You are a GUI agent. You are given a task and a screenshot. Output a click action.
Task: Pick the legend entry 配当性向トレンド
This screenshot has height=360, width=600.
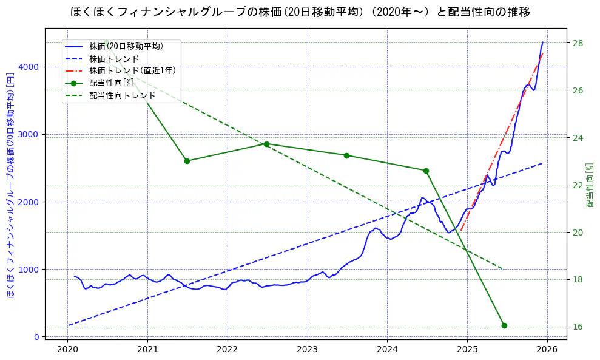(122, 95)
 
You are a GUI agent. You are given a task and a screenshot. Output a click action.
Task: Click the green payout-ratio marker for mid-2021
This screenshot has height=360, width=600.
(187, 161)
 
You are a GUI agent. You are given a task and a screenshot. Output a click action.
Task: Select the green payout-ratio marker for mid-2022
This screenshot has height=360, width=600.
(266, 144)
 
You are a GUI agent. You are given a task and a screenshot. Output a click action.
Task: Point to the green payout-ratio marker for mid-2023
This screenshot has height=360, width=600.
(346, 155)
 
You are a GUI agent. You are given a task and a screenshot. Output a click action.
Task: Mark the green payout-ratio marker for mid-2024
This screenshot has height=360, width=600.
(426, 171)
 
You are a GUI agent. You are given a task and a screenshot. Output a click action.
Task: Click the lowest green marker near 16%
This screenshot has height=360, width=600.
(504, 325)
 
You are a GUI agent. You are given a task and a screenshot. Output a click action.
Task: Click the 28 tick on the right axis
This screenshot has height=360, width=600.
(578, 43)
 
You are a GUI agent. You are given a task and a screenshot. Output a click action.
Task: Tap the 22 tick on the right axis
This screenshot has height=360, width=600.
(578, 185)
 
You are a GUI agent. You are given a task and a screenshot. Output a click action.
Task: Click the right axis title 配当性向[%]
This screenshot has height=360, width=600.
(590, 185)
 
